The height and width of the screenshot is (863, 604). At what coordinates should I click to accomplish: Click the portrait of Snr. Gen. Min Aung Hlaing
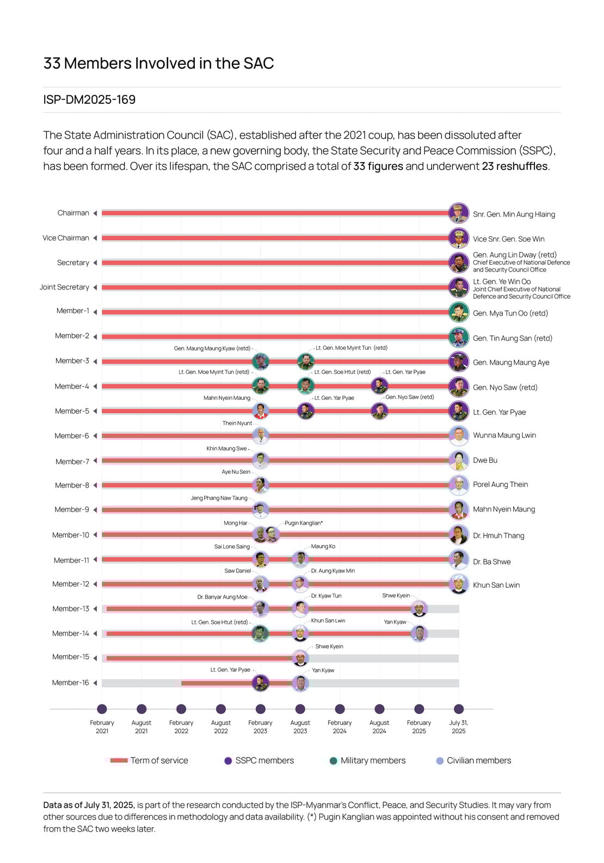(459, 213)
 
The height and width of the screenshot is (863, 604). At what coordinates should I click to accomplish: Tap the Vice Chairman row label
(66, 238)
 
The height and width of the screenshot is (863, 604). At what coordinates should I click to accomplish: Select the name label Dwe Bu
(485, 460)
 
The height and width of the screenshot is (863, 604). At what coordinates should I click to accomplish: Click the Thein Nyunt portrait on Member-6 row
(261, 436)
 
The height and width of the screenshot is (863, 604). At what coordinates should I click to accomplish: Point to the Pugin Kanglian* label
(304, 523)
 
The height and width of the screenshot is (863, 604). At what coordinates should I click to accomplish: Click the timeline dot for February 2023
(261, 709)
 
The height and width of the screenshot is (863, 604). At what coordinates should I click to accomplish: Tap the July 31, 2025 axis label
(458, 726)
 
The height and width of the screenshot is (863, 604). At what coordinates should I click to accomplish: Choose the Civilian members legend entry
(479, 761)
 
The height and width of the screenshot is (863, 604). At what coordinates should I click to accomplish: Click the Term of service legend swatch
(119, 761)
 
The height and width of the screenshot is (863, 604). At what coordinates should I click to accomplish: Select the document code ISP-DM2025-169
(89, 100)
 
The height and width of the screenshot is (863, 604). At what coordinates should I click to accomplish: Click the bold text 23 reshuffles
(514, 166)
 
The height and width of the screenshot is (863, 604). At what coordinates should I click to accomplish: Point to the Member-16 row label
(70, 682)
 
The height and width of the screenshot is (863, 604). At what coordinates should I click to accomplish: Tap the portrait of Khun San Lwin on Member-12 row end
(459, 584)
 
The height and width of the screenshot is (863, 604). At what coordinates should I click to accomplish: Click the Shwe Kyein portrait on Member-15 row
(300, 658)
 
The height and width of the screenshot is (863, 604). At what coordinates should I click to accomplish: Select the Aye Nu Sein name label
(236, 472)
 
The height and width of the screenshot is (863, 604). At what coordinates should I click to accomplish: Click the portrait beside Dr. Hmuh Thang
(459, 534)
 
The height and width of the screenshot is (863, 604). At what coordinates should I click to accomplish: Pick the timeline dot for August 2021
(141, 709)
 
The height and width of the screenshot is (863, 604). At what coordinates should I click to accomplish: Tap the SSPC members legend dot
(228, 761)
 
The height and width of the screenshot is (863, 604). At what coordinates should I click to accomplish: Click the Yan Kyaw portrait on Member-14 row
(418, 633)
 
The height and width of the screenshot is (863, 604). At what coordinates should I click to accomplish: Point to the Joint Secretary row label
(64, 287)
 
